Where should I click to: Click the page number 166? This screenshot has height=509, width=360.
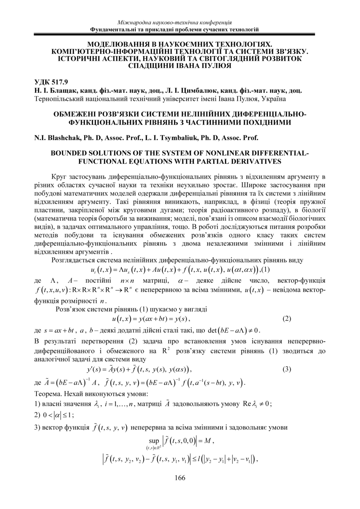click(x=180, y=478)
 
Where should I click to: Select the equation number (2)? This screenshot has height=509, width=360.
click(x=287, y=319)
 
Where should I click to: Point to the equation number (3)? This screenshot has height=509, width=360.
click(x=287, y=369)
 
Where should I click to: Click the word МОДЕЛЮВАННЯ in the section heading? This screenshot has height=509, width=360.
click(x=117, y=43)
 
